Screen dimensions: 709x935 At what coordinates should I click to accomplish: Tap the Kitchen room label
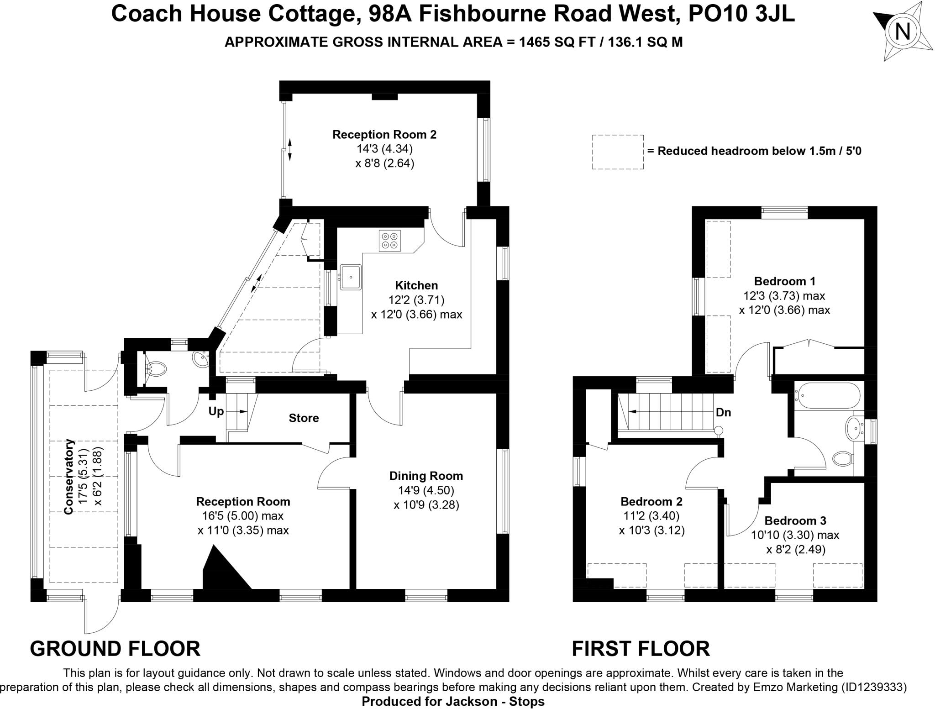pos(416,285)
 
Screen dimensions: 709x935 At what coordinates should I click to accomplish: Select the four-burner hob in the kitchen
pos(389,241)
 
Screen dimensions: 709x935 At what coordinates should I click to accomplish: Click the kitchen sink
pos(351,277)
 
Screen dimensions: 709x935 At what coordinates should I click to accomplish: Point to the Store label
pos(304,418)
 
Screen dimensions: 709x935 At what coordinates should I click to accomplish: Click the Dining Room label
pos(426,476)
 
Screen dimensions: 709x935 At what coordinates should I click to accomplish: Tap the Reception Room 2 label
pos(384,134)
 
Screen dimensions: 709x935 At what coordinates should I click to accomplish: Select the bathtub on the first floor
pos(827,395)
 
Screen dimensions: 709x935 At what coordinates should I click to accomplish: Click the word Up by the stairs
pos(216,411)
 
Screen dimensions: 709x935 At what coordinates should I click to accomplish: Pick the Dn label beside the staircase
pos(723,412)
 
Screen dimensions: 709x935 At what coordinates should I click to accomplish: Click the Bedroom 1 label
pos(784,281)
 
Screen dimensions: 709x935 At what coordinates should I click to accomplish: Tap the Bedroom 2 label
pos(651,501)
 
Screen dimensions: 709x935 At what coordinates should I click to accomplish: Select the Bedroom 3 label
pos(795,520)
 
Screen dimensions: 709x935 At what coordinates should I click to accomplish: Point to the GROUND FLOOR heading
pos(115,648)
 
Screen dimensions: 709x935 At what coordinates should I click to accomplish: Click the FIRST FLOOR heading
pos(641,648)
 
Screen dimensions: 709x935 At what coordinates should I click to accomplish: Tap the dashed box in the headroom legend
pos(618,152)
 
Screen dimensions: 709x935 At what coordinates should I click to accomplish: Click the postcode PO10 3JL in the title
pos(741,14)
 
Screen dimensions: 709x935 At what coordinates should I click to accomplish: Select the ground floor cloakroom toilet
pos(155,368)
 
